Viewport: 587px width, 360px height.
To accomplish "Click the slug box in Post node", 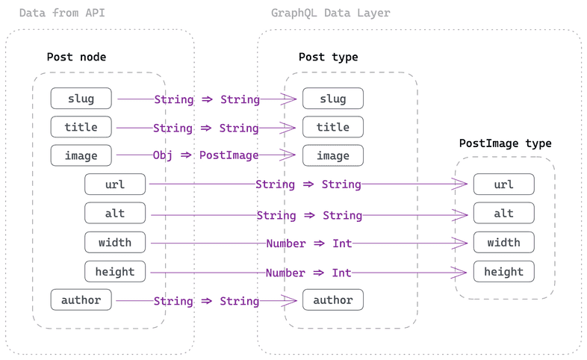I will (81, 99).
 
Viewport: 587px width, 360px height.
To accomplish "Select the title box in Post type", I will (332, 127).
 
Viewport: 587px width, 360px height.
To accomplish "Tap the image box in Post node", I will (81, 155).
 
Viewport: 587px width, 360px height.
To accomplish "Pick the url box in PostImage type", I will (503, 184).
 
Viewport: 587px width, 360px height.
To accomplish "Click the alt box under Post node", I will (115, 214).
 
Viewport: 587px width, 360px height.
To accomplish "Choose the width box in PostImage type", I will (503, 243).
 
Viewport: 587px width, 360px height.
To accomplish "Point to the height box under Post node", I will (115, 271).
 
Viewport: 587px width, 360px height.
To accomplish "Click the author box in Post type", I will (332, 300).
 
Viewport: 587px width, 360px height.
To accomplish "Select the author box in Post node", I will (81, 300).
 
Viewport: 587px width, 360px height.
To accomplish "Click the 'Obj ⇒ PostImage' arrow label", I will (206, 155).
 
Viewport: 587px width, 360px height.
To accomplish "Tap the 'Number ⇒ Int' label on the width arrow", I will (308, 243).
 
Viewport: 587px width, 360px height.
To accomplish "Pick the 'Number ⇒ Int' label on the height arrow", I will (308, 273).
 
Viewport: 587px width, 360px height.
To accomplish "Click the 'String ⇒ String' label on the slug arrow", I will (207, 99).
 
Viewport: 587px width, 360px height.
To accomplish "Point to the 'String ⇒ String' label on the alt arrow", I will (309, 215).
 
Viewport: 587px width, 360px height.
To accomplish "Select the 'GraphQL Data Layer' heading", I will (330, 13).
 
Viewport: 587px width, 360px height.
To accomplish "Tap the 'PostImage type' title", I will (505, 143).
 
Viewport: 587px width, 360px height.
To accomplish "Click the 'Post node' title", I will (76, 57).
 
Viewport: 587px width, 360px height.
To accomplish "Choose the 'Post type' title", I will (328, 57).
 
